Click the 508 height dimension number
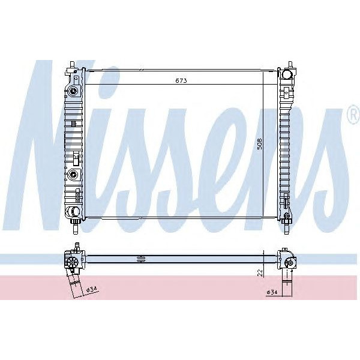[259, 145]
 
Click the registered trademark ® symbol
[353, 115]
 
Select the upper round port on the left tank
[73, 92]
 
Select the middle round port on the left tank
[73, 175]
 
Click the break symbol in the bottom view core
[142, 259]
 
